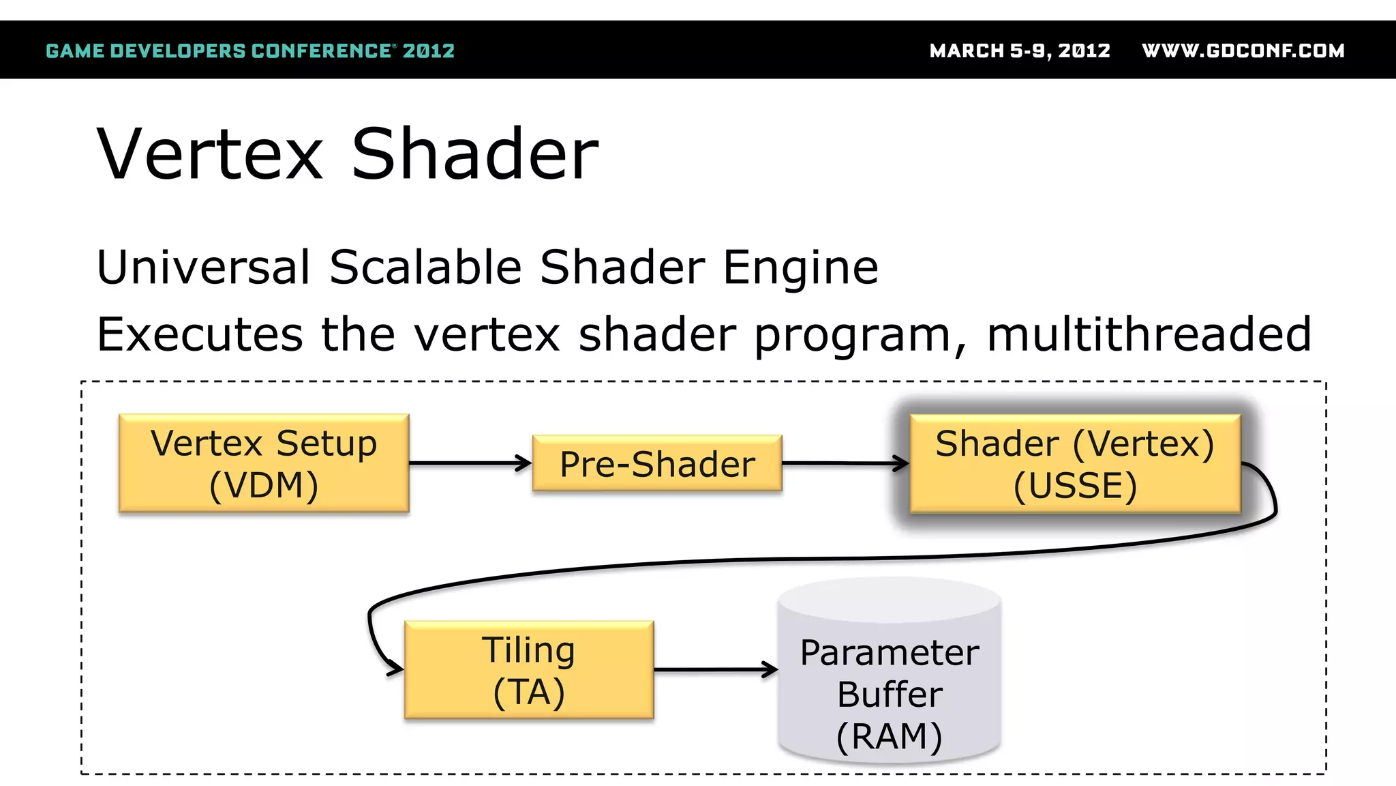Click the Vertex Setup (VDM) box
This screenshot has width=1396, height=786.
(264, 463)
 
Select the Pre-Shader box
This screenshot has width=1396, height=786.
(657, 464)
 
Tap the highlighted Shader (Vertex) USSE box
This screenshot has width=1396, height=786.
(1075, 464)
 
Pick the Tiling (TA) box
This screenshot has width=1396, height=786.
(529, 670)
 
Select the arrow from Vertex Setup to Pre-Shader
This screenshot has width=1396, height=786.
(470, 463)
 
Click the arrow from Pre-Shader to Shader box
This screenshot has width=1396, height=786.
(845, 463)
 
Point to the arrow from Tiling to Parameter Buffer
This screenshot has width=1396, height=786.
(716, 670)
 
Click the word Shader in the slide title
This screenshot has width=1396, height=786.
(475, 155)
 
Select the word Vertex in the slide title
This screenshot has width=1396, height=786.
(210, 155)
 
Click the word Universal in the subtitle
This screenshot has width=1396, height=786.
(204, 267)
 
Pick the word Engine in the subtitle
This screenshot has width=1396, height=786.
(800, 268)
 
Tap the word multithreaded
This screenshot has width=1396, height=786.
(1149, 334)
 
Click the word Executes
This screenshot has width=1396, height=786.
(199, 335)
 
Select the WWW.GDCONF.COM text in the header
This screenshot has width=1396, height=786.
(1243, 51)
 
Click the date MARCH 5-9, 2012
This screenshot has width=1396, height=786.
(1020, 51)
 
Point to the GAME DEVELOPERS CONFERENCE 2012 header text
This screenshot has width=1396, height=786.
(250, 51)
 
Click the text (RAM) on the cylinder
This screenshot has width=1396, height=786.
(890, 737)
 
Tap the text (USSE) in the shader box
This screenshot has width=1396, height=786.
(1075, 486)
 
